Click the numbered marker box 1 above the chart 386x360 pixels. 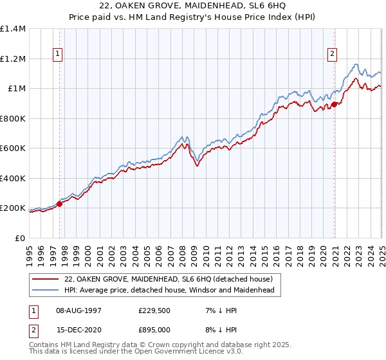(x=59, y=55)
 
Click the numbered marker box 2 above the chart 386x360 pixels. (x=333, y=55)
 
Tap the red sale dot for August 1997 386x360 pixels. (x=59, y=204)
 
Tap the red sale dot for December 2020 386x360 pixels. (x=335, y=105)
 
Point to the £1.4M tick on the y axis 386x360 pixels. (x=13, y=29)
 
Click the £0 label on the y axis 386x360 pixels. (x=21, y=238)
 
